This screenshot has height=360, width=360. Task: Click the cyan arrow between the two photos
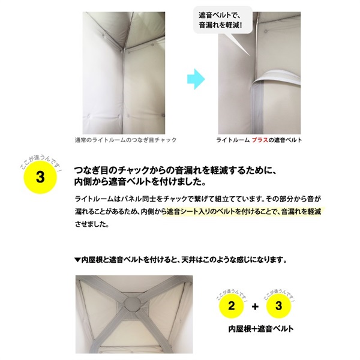click(x=196, y=79)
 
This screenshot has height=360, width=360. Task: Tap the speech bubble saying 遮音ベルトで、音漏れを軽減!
click(x=223, y=20)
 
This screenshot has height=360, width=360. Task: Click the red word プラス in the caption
click(x=260, y=140)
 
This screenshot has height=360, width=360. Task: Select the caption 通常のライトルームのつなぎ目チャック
click(x=125, y=140)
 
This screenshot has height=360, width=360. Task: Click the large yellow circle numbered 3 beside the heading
click(x=40, y=177)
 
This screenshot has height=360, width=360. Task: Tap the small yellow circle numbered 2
click(x=232, y=306)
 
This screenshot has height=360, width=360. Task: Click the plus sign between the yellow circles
click(x=255, y=307)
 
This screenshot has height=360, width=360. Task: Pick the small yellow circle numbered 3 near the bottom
click(x=278, y=306)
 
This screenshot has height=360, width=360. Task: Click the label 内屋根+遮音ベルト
click(x=261, y=329)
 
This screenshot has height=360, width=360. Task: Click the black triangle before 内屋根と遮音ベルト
click(x=77, y=260)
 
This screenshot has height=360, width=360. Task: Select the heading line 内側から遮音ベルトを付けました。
click(x=140, y=182)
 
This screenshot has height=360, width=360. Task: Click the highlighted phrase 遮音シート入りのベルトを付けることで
click(x=222, y=211)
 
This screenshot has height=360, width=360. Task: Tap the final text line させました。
click(x=92, y=224)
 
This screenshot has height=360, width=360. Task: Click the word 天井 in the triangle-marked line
click(x=188, y=260)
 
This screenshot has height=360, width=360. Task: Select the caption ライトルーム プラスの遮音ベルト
click(x=259, y=140)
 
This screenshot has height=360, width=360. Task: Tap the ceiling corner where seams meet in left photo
click(x=124, y=48)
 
